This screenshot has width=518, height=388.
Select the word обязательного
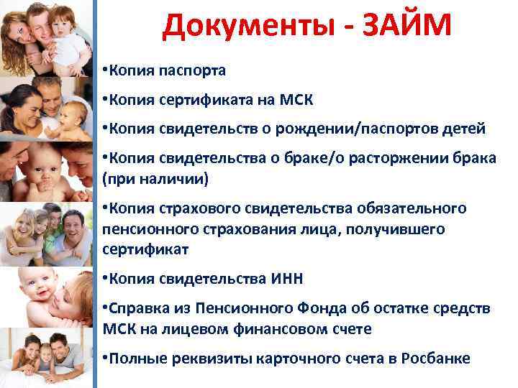pos(412,208)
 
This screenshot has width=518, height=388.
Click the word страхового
pos(191,208)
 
